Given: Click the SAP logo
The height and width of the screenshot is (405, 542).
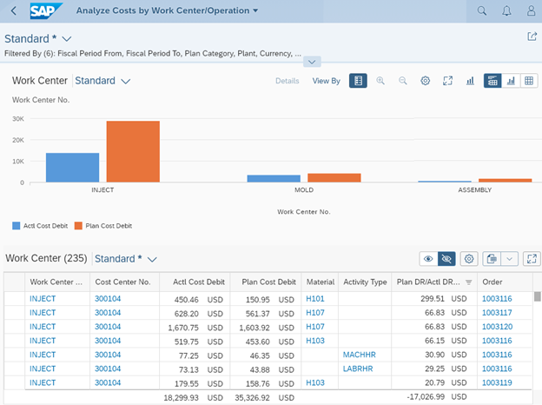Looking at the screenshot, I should click(43, 10).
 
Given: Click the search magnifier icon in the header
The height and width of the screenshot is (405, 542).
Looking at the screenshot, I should click(482, 11).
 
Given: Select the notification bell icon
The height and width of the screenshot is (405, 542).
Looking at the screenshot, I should click(506, 11).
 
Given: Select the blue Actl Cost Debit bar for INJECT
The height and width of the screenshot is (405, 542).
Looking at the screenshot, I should click(73, 168).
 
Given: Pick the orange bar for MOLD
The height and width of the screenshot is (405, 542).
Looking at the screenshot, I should click(334, 177).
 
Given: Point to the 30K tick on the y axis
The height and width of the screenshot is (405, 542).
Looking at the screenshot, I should click(17, 119).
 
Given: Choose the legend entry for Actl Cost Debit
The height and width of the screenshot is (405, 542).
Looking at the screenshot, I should click(40, 226).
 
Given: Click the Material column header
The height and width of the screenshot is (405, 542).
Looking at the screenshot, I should click(320, 282).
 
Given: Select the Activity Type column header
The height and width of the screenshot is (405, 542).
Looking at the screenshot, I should click(365, 282).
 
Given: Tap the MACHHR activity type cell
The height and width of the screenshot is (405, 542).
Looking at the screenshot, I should click(359, 355).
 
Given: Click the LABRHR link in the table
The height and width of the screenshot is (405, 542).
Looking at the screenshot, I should click(358, 369).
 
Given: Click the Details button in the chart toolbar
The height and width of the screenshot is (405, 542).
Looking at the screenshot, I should click(287, 81).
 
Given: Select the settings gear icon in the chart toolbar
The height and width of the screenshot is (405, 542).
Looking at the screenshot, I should click(426, 81).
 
